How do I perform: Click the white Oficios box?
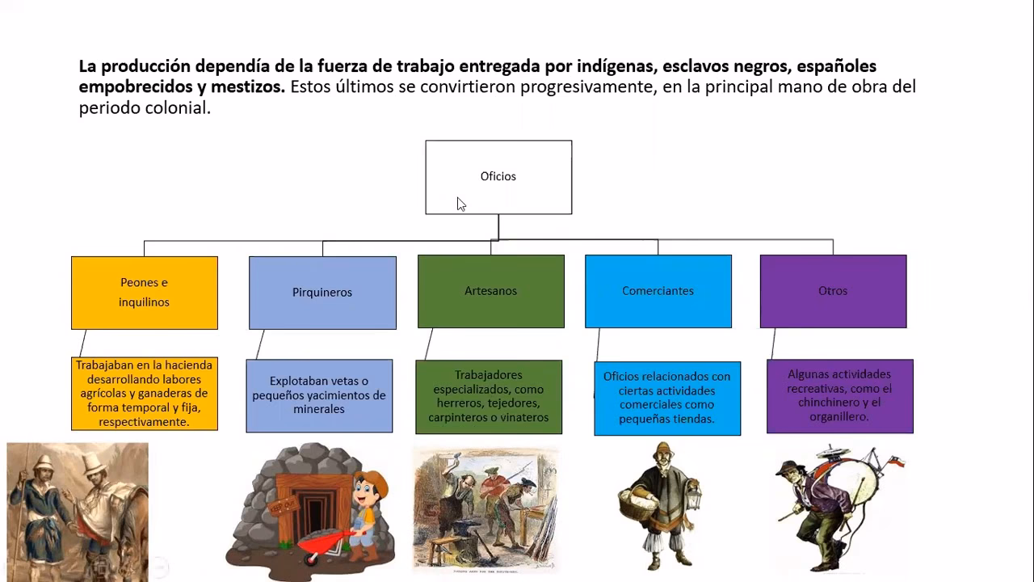[498, 177]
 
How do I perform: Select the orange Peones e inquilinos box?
[145, 293]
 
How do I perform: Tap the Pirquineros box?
[322, 293]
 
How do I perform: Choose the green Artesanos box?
[490, 291]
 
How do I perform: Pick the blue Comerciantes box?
[658, 291]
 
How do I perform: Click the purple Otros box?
[833, 291]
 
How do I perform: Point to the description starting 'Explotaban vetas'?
[319, 395]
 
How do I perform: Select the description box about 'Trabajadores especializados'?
[489, 397]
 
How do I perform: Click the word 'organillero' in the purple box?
[839, 417]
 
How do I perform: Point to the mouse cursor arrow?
[460, 204]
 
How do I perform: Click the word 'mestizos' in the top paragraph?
[248, 86]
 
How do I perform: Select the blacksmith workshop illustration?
[485, 509]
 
